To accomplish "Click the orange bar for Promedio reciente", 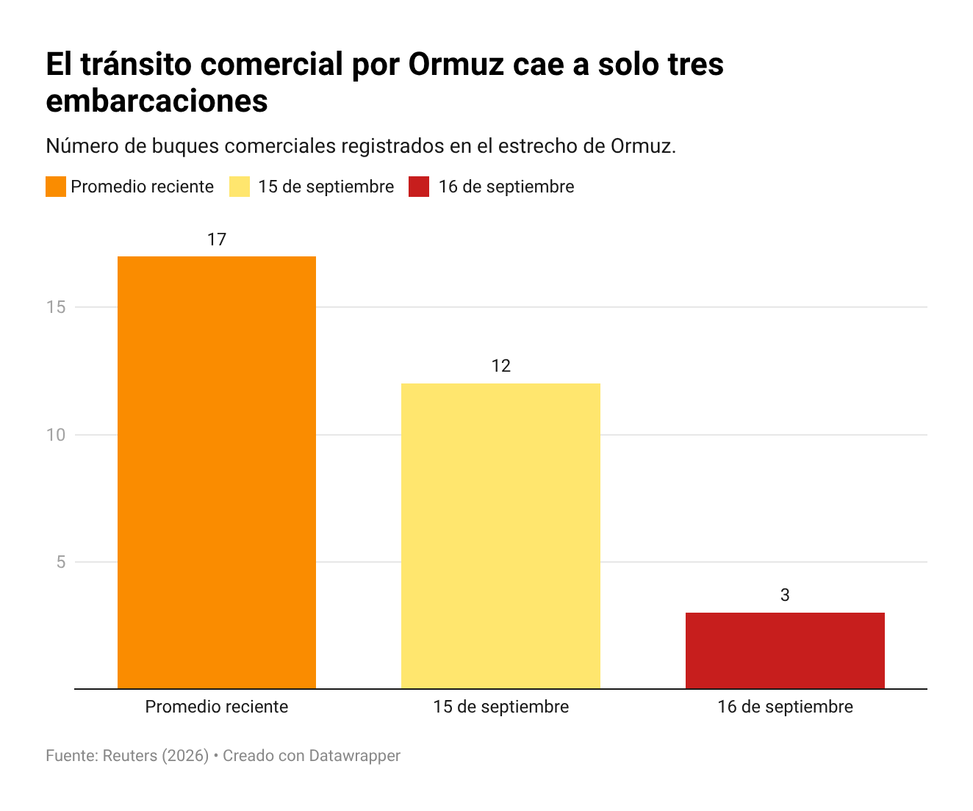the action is (x=216, y=472).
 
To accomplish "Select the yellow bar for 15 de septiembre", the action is (x=500, y=536).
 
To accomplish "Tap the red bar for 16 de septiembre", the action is (x=785, y=650).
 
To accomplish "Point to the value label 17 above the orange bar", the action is (x=217, y=239).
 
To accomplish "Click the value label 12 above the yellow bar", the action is (x=501, y=366).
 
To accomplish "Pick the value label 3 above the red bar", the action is (x=785, y=595).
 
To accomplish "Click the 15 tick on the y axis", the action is (x=56, y=307).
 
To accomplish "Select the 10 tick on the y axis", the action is (x=56, y=435).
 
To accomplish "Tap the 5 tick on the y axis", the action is (x=61, y=562).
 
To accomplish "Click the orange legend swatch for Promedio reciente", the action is (x=56, y=187).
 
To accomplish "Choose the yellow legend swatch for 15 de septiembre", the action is (x=240, y=187).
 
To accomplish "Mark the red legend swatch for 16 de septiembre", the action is (x=419, y=187).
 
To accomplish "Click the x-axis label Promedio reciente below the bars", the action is (x=217, y=707).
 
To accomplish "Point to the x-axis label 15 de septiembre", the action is (x=501, y=707).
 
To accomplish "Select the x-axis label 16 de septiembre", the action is (x=785, y=707).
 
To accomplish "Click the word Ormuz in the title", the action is (x=456, y=64).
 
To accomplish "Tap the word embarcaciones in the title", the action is (x=157, y=101).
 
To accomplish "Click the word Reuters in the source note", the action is (x=130, y=756).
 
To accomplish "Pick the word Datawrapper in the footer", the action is (x=355, y=756).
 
